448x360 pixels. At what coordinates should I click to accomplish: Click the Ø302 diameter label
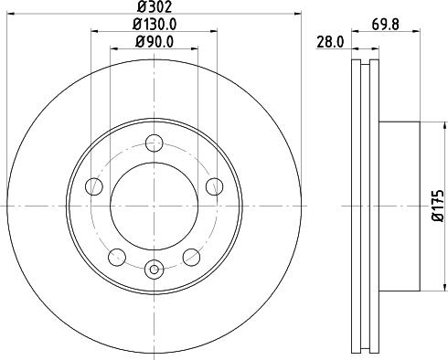(x=154, y=7)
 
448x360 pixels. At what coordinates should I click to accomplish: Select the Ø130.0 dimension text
(x=154, y=25)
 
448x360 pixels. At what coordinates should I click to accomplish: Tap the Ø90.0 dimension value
(x=154, y=42)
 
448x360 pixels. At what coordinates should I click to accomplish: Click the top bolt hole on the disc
(x=154, y=142)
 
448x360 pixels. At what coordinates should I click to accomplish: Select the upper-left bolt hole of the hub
(x=93, y=186)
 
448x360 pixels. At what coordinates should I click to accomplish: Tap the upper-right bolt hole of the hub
(x=214, y=186)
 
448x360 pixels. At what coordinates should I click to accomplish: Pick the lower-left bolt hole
(x=116, y=257)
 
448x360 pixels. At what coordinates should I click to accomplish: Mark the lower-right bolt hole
(x=191, y=257)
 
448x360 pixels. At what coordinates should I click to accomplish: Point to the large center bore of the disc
(x=154, y=206)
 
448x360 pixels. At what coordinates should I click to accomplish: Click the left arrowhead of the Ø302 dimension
(x=12, y=15)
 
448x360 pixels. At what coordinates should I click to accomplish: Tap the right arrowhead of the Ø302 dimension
(x=297, y=15)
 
